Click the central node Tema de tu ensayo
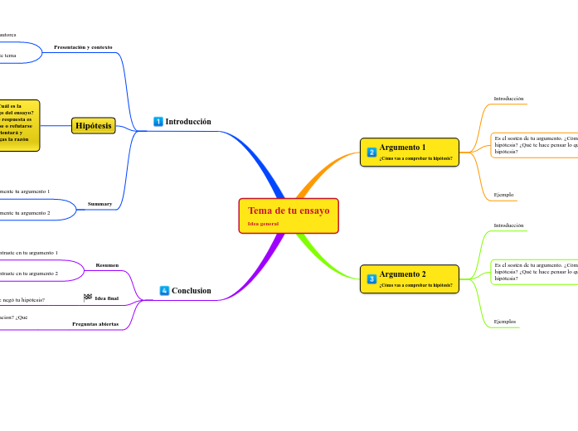(x=289, y=211)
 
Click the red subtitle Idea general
(x=263, y=224)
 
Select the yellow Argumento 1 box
(x=410, y=152)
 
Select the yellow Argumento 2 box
(x=410, y=278)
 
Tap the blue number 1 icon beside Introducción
(x=158, y=122)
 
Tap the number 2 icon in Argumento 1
(x=372, y=153)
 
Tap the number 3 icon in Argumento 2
(x=372, y=279)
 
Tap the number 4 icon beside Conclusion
(x=164, y=291)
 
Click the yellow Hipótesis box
(x=94, y=125)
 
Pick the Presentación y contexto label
(x=83, y=47)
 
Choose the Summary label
(x=100, y=203)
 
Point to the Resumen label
(x=107, y=265)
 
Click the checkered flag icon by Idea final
(x=88, y=298)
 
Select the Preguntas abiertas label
(x=95, y=324)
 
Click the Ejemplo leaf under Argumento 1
(x=503, y=195)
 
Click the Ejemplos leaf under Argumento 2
(x=504, y=322)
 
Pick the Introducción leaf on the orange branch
(x=508, y=99)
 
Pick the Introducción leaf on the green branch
(x=508, y=225)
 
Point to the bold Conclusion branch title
(x=191, y=291)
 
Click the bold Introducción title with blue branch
(x=188, y=122)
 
